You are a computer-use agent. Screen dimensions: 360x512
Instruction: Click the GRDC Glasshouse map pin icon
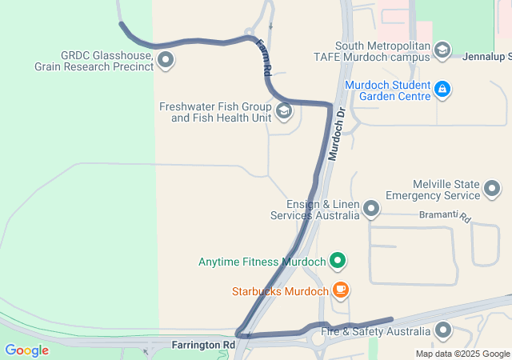click(x=166, y=60)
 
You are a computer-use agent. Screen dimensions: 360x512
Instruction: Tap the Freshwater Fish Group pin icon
click(x=283, y=111)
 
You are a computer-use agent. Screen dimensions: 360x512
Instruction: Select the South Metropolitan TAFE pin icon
click(x=442, y=50)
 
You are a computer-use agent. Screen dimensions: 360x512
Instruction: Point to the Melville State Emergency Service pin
click(x=492, y=190)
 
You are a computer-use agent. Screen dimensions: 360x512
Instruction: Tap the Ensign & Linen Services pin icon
click(x=370, y=210)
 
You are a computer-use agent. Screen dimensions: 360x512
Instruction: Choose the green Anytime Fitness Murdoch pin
click(x=338, y=260)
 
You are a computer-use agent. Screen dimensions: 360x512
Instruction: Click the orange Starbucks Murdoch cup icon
click(x=341, y=290)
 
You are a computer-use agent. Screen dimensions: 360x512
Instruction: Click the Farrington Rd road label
click(x=203, y=345)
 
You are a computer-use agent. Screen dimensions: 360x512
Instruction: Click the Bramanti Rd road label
click(x=445, y=217)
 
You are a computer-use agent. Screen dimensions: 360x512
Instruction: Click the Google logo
click(x=26, y=350)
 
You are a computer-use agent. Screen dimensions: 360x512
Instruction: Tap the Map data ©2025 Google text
click(x=462, y=354)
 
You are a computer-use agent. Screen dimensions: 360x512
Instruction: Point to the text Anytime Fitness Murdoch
click(x=262, y=261)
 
